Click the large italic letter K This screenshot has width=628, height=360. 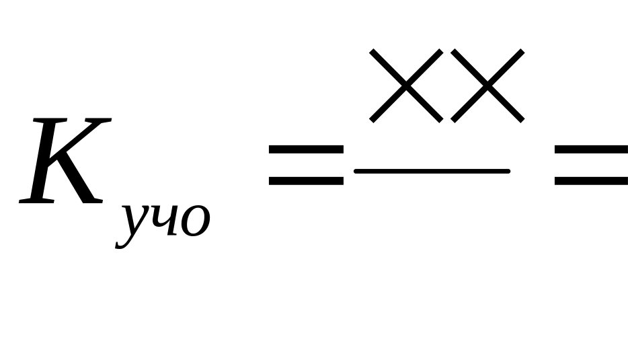click(64, 161)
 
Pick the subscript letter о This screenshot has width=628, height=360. click(195, 221)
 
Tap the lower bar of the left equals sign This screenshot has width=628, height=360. click(306, 180)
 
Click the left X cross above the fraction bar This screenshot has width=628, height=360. click(406, 85)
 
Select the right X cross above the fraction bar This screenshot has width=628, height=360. click(487, 85)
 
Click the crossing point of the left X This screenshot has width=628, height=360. click(406, 85)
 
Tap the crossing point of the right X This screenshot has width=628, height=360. click(487, 85)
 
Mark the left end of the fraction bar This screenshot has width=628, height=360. click(357, 172)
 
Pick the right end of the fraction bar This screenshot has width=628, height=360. click(507, 172)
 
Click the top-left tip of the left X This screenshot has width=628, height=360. click(373, 52)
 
